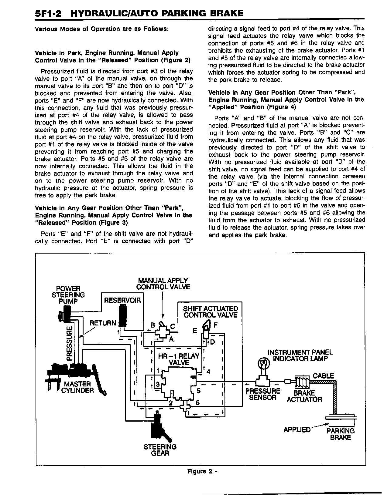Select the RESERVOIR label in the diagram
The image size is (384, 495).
tap(122, 301)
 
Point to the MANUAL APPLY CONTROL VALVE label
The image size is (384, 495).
tap(163, 284)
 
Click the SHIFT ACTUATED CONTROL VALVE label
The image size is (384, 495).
tap(210, 312)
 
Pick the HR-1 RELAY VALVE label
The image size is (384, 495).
tap(179, 359)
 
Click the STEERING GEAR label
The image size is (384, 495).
tap(160, 450)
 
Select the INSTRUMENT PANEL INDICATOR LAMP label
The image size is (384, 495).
tap(300, 355)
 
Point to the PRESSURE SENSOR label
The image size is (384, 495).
tap(263, 394)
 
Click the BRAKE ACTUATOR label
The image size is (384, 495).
tap(304, 396)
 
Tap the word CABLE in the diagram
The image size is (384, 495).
tap(323, 376)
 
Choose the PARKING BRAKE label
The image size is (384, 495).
tap(340, 434)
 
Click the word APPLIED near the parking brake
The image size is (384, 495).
tap(297, 430)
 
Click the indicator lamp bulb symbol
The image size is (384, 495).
tap(263, 363)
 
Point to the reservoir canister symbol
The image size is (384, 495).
tap(123, 315)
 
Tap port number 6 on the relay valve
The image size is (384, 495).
tap(197, 402)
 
